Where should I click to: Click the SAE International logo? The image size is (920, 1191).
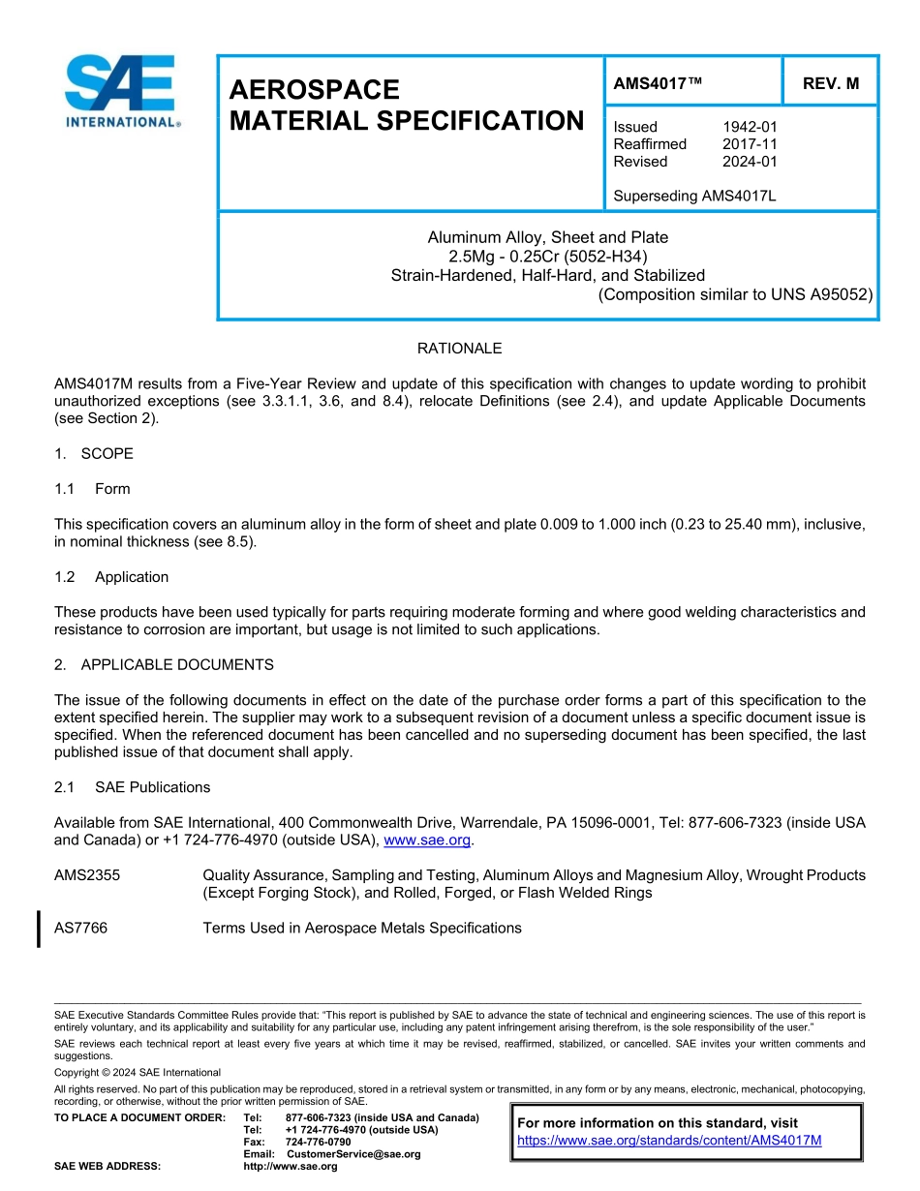point(121,90)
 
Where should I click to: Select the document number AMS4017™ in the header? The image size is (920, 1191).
point(658,84)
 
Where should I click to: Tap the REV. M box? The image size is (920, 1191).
point(830,84)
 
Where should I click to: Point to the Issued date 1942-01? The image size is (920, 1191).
point(750,127)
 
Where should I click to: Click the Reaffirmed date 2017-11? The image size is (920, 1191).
point(750,144)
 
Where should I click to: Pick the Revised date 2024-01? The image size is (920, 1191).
point(750,162)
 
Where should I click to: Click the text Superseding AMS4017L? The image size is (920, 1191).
point(694,197)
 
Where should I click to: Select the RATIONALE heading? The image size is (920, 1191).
point(459,349)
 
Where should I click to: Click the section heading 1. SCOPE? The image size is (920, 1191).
point(94,454)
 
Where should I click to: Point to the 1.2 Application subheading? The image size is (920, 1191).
point(111,577)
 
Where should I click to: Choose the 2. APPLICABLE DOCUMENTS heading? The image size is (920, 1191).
point(164,665)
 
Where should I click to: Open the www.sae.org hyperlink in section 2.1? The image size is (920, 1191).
point(427,840)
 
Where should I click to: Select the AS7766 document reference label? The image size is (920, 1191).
point(81,929)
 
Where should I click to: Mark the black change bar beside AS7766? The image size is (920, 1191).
point(38,929)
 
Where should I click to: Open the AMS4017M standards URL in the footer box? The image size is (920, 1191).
point(669,1141)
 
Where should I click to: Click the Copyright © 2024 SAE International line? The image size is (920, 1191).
point(138,1073)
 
